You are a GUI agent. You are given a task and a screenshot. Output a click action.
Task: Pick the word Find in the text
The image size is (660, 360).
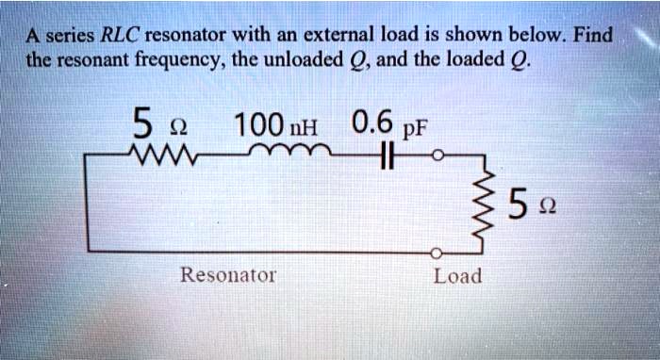coord(594,37)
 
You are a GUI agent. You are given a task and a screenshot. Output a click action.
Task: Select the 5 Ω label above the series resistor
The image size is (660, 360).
coord(152,123)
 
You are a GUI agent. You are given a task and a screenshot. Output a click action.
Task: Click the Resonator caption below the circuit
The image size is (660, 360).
coord(228,275)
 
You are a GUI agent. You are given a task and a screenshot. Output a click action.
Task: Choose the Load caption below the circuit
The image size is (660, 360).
coord(457,275)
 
